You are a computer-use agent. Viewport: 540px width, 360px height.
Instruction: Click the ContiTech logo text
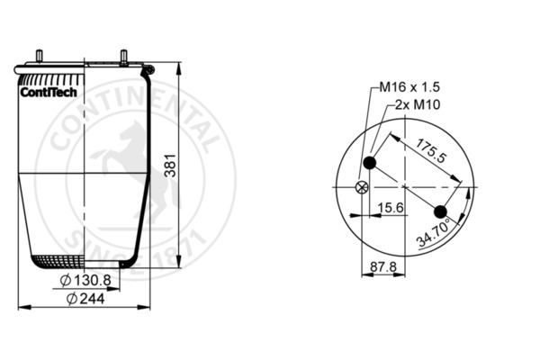(x=49, y=93)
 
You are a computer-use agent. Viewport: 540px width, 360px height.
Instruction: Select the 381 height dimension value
(x=170, y=166)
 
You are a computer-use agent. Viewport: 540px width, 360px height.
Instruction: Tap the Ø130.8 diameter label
(x=85, y=281)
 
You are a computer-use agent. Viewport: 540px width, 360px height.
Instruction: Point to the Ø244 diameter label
(x=85, y=299)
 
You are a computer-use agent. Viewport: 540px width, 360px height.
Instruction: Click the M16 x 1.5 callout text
(x=409, y=86)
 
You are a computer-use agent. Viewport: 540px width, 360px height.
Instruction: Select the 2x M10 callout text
(x=418, y=104)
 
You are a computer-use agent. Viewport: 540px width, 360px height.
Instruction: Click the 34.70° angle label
(x=434, y=232)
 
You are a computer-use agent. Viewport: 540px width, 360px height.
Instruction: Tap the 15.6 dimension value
(x=391, y=208)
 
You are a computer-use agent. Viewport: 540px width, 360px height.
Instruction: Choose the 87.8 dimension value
(x=383, y=266)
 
